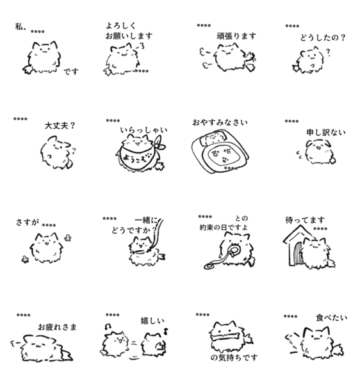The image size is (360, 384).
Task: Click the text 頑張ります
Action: coord(236,36)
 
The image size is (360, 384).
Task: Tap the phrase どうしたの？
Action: coord(323,38)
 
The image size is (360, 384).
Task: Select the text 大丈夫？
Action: coord(60,126)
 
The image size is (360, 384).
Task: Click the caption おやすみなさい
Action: coord(220,122)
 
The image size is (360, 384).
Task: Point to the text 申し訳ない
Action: coord(326,132)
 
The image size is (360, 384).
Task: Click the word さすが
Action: coord(27,222)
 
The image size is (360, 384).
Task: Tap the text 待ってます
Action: coord(305,220)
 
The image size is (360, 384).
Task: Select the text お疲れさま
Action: coord(58,327)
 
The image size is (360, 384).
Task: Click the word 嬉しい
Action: coord(152,321)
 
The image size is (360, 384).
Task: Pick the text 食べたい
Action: coord(332,318)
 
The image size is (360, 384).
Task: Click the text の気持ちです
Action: coord(234,358)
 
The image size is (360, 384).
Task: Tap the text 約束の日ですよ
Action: coord(224,227)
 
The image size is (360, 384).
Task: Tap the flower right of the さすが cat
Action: coord(68,238)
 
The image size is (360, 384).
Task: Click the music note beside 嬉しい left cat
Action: coord(108,326)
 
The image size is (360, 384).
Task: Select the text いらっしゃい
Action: coord(143,130)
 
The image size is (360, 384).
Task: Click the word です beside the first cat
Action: coord(71,72)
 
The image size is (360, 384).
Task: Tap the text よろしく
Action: coord(120,26)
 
